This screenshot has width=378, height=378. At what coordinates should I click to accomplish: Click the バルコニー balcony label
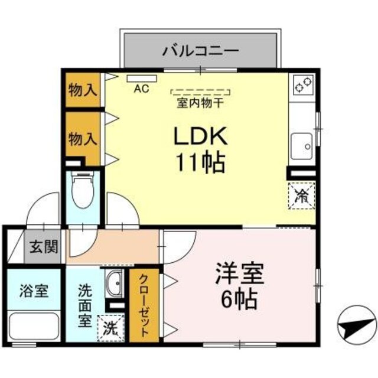(200, 50)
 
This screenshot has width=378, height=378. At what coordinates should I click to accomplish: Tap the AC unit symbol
(141, 79)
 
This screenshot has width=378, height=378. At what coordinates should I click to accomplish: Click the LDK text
(200, 137)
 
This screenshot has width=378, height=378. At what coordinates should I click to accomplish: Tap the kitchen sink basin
(302, 144)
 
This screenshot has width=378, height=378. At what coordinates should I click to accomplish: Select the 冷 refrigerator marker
(302, 195)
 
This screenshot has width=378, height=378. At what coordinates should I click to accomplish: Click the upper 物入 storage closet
(83, 90)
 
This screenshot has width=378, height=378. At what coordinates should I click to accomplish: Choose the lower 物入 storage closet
(83, 138)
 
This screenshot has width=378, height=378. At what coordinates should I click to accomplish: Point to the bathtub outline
(34, 325)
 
